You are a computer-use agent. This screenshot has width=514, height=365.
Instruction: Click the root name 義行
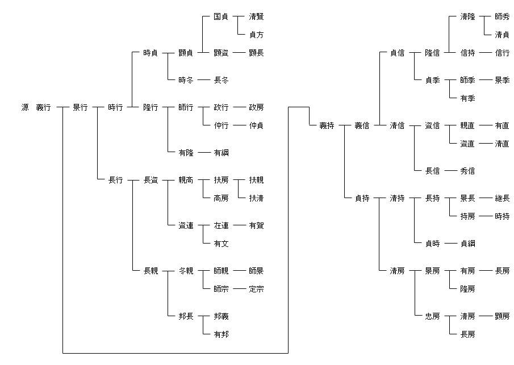pyautogui.click(x=43, y=107)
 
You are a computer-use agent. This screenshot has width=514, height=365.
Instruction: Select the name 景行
pyautogui.click(x=80, y=107)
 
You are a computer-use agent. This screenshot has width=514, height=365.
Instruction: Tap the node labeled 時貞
pyautogui.click(x=151, y=53)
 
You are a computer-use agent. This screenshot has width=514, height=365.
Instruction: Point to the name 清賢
pyautogui.click(x=256, y=16)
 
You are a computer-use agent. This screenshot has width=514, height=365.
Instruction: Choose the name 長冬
pyautogui.click(x=221, y=80)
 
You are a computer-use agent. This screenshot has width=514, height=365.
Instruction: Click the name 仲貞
pyautogui.click(x=256, y=125)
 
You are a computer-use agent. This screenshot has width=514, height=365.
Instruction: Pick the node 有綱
pyautogui.click(x=221, y=153)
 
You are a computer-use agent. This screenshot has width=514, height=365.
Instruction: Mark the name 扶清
pyautogui.click(x=256, y=198)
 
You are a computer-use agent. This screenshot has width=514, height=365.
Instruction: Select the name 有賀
pyautogui.click(x=256, y=225)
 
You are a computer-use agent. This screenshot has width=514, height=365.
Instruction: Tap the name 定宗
pyautogui.click(x=256, y=289)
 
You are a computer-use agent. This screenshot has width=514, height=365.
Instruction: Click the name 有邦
pyautogui.click(x=221, y=334)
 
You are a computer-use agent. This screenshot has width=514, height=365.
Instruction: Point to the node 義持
pyautogui.click(x=327, y=125)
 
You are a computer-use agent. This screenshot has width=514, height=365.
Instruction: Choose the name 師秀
pyautogui.click(x=502, y=16)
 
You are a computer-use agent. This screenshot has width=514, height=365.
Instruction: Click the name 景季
pyautogui.click(x=502, y=80)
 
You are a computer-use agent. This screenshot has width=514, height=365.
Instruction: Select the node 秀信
pyautogui.click(x=467, y=171)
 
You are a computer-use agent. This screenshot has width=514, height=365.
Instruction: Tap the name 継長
pyautogui.click(x=502, y=198)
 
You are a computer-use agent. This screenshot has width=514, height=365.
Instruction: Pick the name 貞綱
pyautogui.click(x=467, y=244)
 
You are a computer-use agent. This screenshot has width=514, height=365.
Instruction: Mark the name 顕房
pyautogui.click(x=502, y=316)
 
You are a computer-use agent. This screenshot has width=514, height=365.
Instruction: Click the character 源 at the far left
pyautogui.click(x=25, y=107)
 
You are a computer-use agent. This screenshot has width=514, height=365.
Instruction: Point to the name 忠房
pyautogui.click(x=432, y=316)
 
